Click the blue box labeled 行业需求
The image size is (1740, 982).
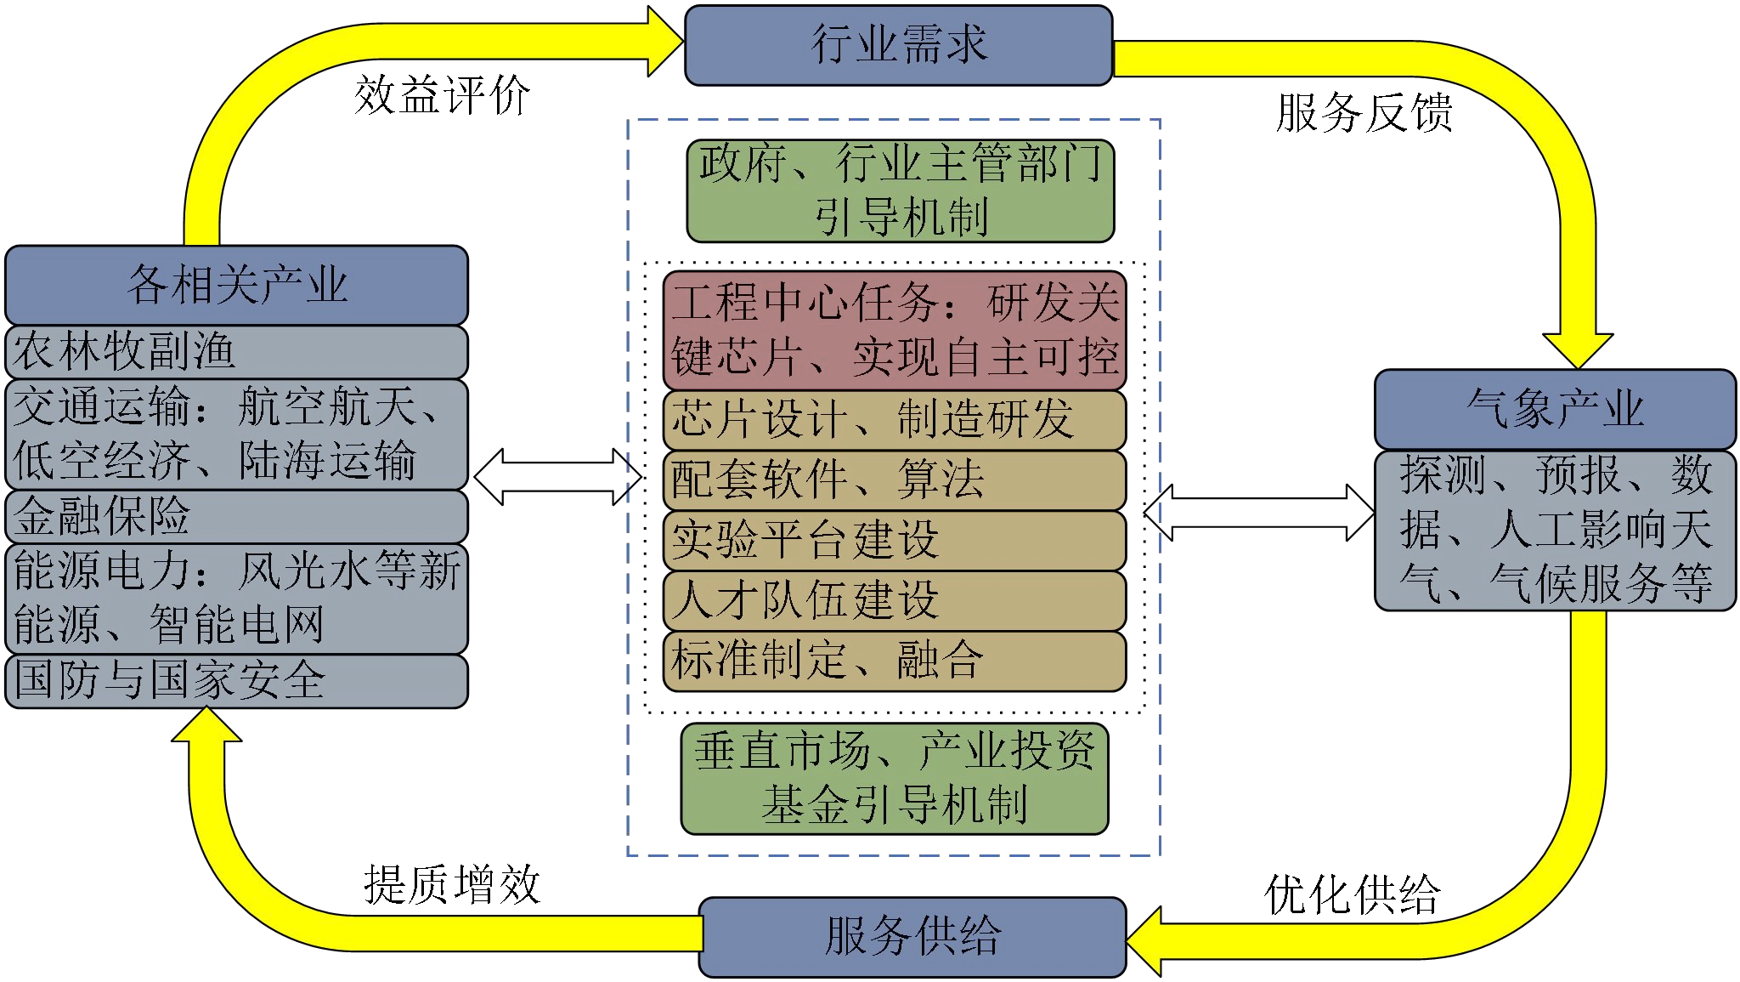click(x=898, y=45)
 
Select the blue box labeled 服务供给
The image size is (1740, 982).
click(x=912, y=936)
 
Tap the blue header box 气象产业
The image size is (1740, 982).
click(x=1555, y=409)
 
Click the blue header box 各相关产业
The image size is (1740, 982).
click(x=236, y=285)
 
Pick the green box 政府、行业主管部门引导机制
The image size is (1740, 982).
click(x=900, y=190)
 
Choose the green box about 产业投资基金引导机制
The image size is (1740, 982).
click(x=895, y=778)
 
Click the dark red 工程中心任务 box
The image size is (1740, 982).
click(x=895, y=330)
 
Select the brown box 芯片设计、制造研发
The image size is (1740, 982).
click(x=895, y=420)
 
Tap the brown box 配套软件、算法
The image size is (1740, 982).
click(x=895, y=480)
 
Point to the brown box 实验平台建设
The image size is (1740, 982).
click(x=895, y=540)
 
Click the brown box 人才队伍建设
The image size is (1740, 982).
click(x=895, y=600)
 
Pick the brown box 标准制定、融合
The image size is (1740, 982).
click(x=895, y=661)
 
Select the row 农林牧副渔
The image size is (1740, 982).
click(x=236, y=352)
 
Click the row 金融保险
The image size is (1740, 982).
click(x=236, y=516)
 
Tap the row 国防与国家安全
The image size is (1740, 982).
click(x=236, y=681)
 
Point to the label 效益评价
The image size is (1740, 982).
click(x=442, y=94)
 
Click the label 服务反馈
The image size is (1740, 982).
click(x=1364, y=113)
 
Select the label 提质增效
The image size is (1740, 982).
click(x=452, y=885)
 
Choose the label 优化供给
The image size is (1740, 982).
click(x=1352, y=895)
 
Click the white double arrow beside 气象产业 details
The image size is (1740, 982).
click(x=1259, y=513)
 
